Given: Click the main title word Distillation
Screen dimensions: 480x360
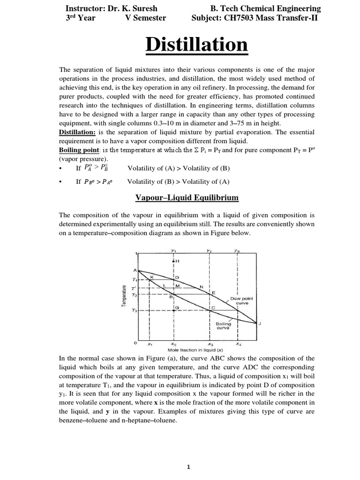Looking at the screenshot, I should (x=196, y=45).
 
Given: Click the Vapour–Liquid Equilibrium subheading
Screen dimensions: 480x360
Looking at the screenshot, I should (x=187, y=198).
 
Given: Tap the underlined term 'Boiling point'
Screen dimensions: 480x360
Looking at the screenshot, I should (x=79, y=150).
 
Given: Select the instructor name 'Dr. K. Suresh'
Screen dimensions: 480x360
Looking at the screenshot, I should (x=131, y=8).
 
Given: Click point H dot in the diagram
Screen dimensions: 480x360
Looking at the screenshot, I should (x=174, y=261).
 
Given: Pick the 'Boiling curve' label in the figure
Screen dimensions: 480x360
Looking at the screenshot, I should (x=223, y=326).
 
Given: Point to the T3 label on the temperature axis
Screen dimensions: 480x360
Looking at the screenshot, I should (x=135, y=310).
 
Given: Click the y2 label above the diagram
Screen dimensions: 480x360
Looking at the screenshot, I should (x=209, y=251).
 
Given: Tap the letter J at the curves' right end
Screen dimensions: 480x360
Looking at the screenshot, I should (x=259, y=323).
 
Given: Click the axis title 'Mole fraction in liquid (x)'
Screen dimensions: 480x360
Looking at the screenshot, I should (x=195, y=350).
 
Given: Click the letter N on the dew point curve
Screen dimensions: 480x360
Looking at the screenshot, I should (x=201, y=286).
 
